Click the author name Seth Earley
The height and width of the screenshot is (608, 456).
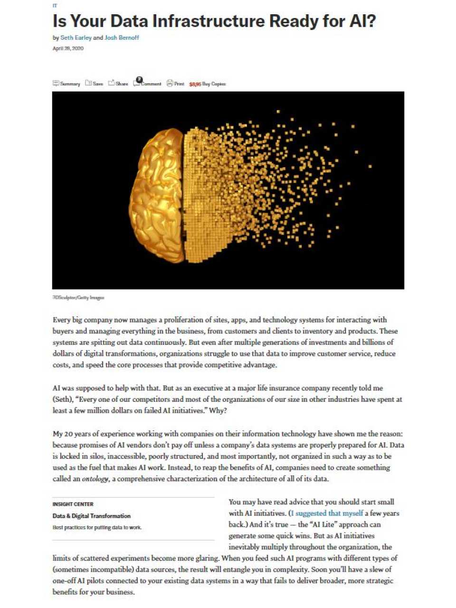76,38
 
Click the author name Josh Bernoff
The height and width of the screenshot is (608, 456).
122,38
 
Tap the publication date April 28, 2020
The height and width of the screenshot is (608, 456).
68,48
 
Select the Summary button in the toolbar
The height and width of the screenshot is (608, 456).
66,84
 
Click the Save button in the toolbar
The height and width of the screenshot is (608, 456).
94,84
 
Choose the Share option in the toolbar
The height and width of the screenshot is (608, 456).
118,84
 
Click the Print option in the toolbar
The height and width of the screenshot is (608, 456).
175,84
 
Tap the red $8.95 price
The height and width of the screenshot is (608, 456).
195,84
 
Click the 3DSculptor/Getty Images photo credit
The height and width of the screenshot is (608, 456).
78,298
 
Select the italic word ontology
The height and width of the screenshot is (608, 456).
95,479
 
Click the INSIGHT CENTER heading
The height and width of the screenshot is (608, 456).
73,504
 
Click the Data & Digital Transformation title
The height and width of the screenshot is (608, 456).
92,516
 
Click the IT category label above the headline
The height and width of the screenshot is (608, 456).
55,6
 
